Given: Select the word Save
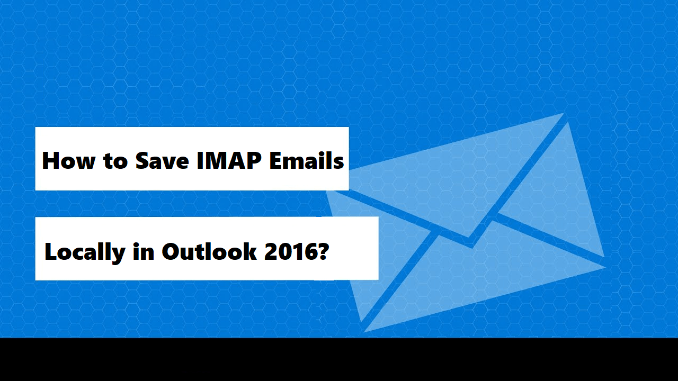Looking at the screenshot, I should pyautogui.click(x=162, y=160).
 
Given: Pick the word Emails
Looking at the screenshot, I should pyautogui.click(x=307, y=160).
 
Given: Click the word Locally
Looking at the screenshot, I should pyautogui.click(x=85, y=252).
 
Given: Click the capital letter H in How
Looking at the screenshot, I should pyautogui.click(x=51, y=160).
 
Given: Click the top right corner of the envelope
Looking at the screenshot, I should pyautogui.click(x=565, y=114).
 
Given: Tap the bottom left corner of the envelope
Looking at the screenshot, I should pyautogui.click(x=364, y=331).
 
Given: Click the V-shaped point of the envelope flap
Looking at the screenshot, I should pyautogui.click(x=470, y=243).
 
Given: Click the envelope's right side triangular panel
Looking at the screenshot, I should pyautogui.click(x=561, y=201).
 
